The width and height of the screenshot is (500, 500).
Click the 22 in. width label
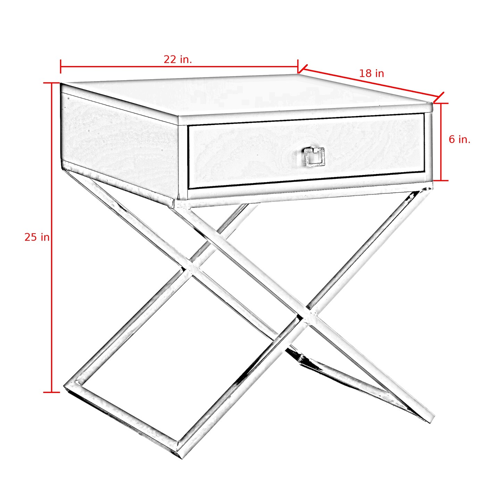(178, 60)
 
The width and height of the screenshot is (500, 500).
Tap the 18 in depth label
(371, 74)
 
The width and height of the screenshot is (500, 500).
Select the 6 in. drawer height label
(459, 140)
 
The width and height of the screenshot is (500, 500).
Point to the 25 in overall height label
(37, 237)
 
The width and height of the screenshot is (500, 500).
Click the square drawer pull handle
(314, 156)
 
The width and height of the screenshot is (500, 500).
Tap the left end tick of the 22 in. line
(61, 66)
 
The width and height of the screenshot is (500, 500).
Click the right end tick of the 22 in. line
(298, 66)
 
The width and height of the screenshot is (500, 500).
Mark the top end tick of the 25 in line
(51, 83)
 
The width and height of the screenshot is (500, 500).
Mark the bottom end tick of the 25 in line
(51, 392)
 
